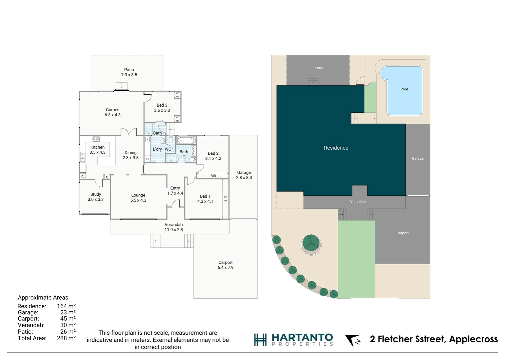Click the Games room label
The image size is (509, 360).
tap(113, 112)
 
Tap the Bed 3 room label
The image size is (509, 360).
tap(162, 108)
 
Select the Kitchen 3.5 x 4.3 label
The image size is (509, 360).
tap(97, 150)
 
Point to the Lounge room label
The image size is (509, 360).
tap(138, 198)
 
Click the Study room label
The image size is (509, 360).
tap(96, 197)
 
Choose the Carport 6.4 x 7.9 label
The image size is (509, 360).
tap(226, 265)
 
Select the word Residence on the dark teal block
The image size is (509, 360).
tap(336, 148)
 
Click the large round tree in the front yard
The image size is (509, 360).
tap(311, 243)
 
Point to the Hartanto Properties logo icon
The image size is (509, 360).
tap(260, 340)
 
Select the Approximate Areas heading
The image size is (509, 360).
tap(43, 298)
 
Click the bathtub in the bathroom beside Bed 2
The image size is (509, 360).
tap(186, 140)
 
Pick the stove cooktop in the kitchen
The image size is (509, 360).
tap(96, 139)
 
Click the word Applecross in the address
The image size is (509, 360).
tap(473, 339)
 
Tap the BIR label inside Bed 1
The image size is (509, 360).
tap(226, 199)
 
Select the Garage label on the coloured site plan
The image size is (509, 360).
tap(417, 159)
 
